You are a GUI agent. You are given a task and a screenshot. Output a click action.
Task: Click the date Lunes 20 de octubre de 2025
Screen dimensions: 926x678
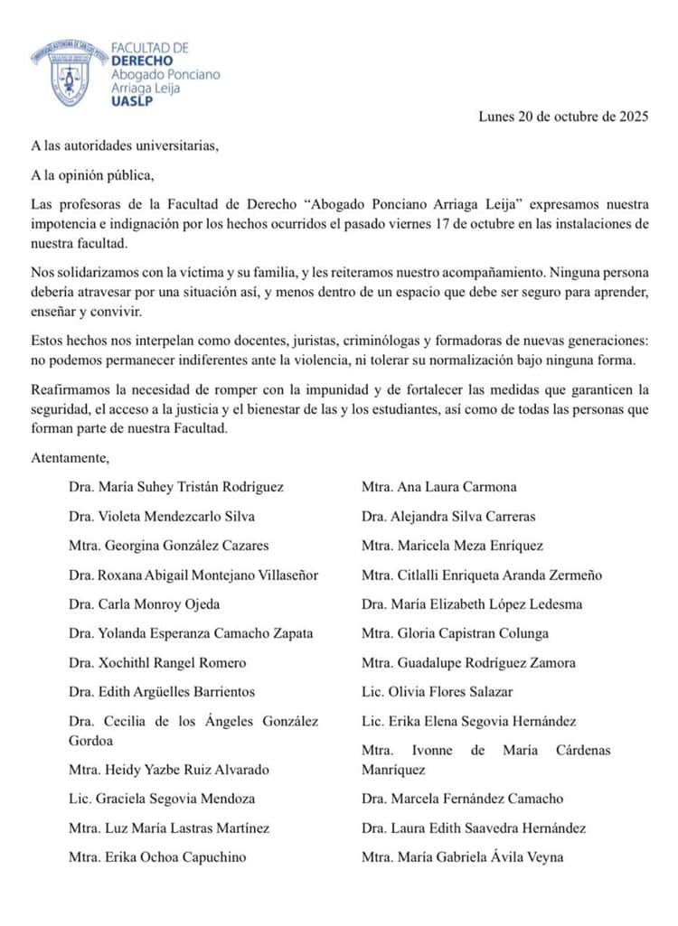tap(563, 117)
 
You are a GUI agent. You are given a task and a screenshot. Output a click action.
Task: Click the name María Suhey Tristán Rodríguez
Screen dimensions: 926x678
tap(175, 487)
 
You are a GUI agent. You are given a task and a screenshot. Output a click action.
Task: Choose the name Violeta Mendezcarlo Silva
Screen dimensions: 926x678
tap(161, 517)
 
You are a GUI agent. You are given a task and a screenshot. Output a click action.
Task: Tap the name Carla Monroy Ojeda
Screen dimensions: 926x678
tap(144, 604)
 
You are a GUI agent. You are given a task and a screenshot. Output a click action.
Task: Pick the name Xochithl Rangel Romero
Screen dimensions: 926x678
tap(156, 663)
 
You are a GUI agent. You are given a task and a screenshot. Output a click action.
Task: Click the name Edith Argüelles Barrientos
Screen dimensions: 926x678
tap(161, 692)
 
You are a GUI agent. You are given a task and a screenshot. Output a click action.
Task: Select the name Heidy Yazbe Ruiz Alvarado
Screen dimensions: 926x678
tap(168, 770)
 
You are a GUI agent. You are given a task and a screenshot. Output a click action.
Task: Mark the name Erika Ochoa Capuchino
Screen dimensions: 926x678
tap(156, 856)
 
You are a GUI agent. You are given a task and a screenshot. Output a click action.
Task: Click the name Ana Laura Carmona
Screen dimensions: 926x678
tap(439, 487)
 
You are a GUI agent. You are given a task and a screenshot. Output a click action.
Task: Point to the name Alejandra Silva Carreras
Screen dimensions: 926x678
tap(448, 517)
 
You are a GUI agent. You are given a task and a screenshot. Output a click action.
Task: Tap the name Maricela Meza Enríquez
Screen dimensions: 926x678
tap(452, 546)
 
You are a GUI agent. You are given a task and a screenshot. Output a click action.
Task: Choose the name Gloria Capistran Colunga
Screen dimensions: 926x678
tap(455, 633)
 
